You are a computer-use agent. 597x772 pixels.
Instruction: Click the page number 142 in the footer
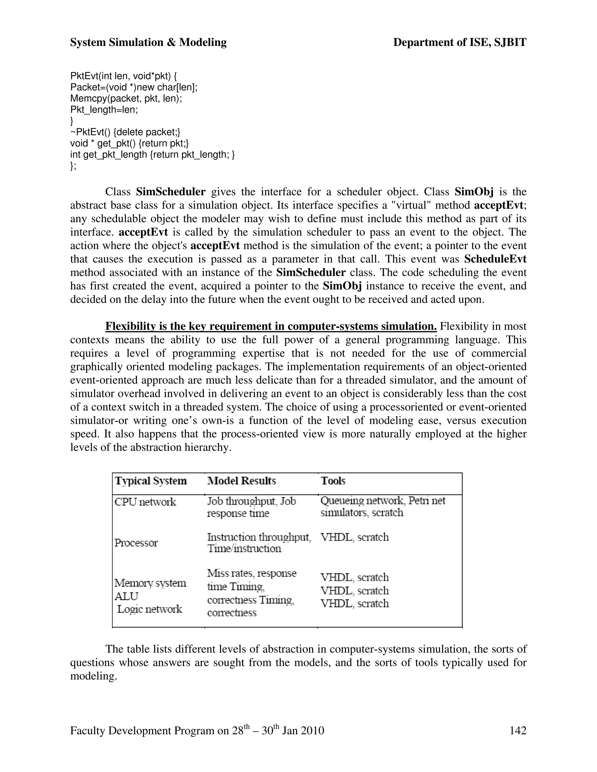coord(518,730)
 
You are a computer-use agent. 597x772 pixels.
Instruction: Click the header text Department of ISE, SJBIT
coord(459,43)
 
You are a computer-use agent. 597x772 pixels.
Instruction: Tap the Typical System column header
coord(151,481)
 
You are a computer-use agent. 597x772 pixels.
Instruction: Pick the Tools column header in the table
coord(333,481)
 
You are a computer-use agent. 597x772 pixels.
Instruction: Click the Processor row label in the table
coord(136,543)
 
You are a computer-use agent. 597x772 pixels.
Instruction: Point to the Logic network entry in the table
coord(149,609)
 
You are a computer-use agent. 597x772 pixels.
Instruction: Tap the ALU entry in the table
coord(126,596)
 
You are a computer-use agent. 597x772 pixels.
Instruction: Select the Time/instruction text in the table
coord(244,549)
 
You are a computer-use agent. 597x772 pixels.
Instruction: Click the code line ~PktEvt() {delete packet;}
coord(125,132)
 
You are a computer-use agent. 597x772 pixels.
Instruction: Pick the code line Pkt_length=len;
coord(104,110)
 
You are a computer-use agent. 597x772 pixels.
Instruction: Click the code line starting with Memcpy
coord(126,98)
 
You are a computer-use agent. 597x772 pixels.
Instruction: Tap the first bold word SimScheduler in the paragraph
coord(171,192)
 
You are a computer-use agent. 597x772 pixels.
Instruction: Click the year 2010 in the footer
coord(312,730)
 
